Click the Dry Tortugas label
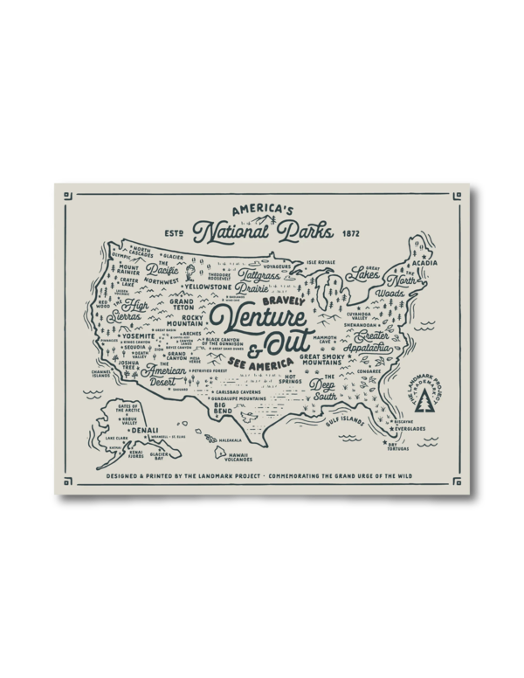[398, 449]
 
